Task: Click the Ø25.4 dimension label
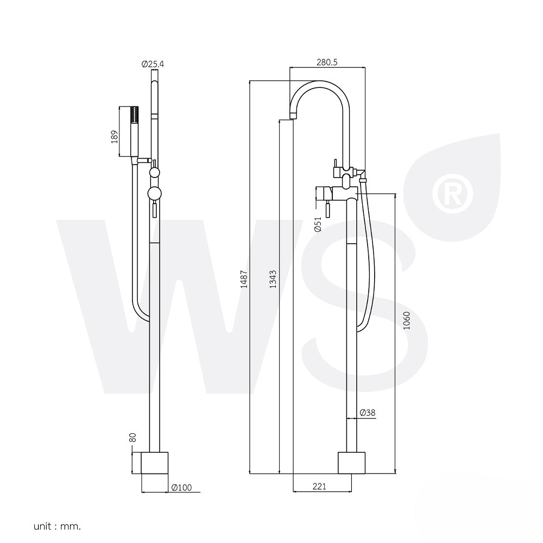point(153,64)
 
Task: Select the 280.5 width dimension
point(327,62)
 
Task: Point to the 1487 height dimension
point(244,279)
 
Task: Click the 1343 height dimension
point(273,279)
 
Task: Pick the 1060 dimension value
point(407,320)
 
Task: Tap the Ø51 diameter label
point(318,224)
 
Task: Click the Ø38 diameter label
point(368,413)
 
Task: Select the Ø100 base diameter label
point(182,487)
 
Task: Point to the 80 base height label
point(132,437)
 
